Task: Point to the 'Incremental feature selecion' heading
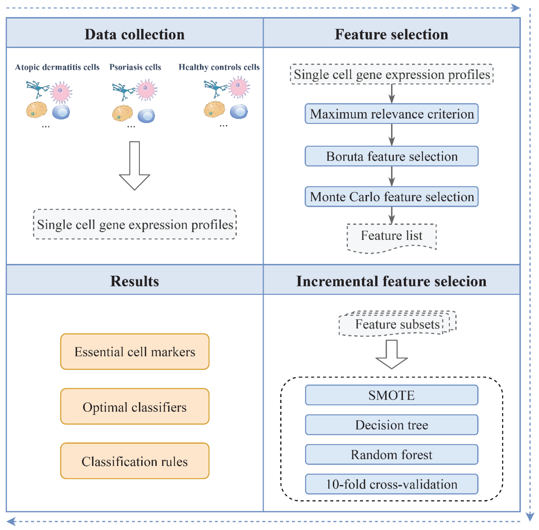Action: (x=391, y=281)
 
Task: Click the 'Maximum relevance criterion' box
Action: (x=391, y=114)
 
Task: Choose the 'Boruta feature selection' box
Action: (x=391, y=156)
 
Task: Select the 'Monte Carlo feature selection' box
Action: (x=391, y=197)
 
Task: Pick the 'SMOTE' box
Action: (x=391, y=395)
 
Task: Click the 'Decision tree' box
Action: (x=391, y=425)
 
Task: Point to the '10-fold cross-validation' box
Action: (x=391, y=484)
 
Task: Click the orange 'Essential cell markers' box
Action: (x=135, y=351)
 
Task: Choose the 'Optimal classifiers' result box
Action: (x=135, y=406)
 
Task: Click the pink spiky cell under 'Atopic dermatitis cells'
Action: (x=61, y=92)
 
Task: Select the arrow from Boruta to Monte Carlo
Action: (x=392, y=176)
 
